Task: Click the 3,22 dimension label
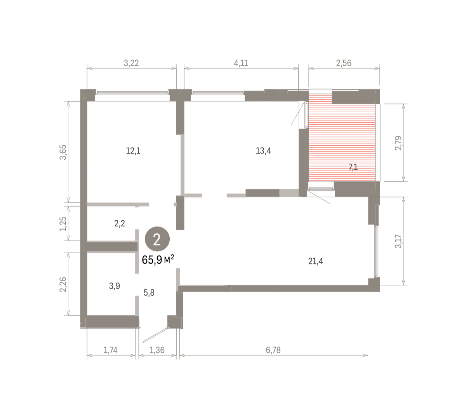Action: pos(131,63)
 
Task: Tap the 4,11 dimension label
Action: pos(241,63)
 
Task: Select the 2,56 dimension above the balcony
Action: pos(344,63)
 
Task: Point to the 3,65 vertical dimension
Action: pos(63,152)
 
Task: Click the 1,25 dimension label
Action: pos(63,224)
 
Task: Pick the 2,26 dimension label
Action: pos(63,284)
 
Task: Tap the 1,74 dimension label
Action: pos(110,350)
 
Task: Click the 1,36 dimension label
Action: pos(157,350)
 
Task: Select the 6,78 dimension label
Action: pos(273,350)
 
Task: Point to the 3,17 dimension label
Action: pos(398,241)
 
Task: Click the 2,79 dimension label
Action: pos(398,143)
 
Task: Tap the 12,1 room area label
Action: pos(133,151)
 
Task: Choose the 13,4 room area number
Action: pos(263,151)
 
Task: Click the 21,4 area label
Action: pos(315,261)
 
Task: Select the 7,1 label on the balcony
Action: pos(353,167)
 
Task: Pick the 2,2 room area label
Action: pos(120,223)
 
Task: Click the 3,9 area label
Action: pos(114,286)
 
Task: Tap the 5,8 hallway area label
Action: pos(149,293)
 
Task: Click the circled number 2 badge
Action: pos(157,239)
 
